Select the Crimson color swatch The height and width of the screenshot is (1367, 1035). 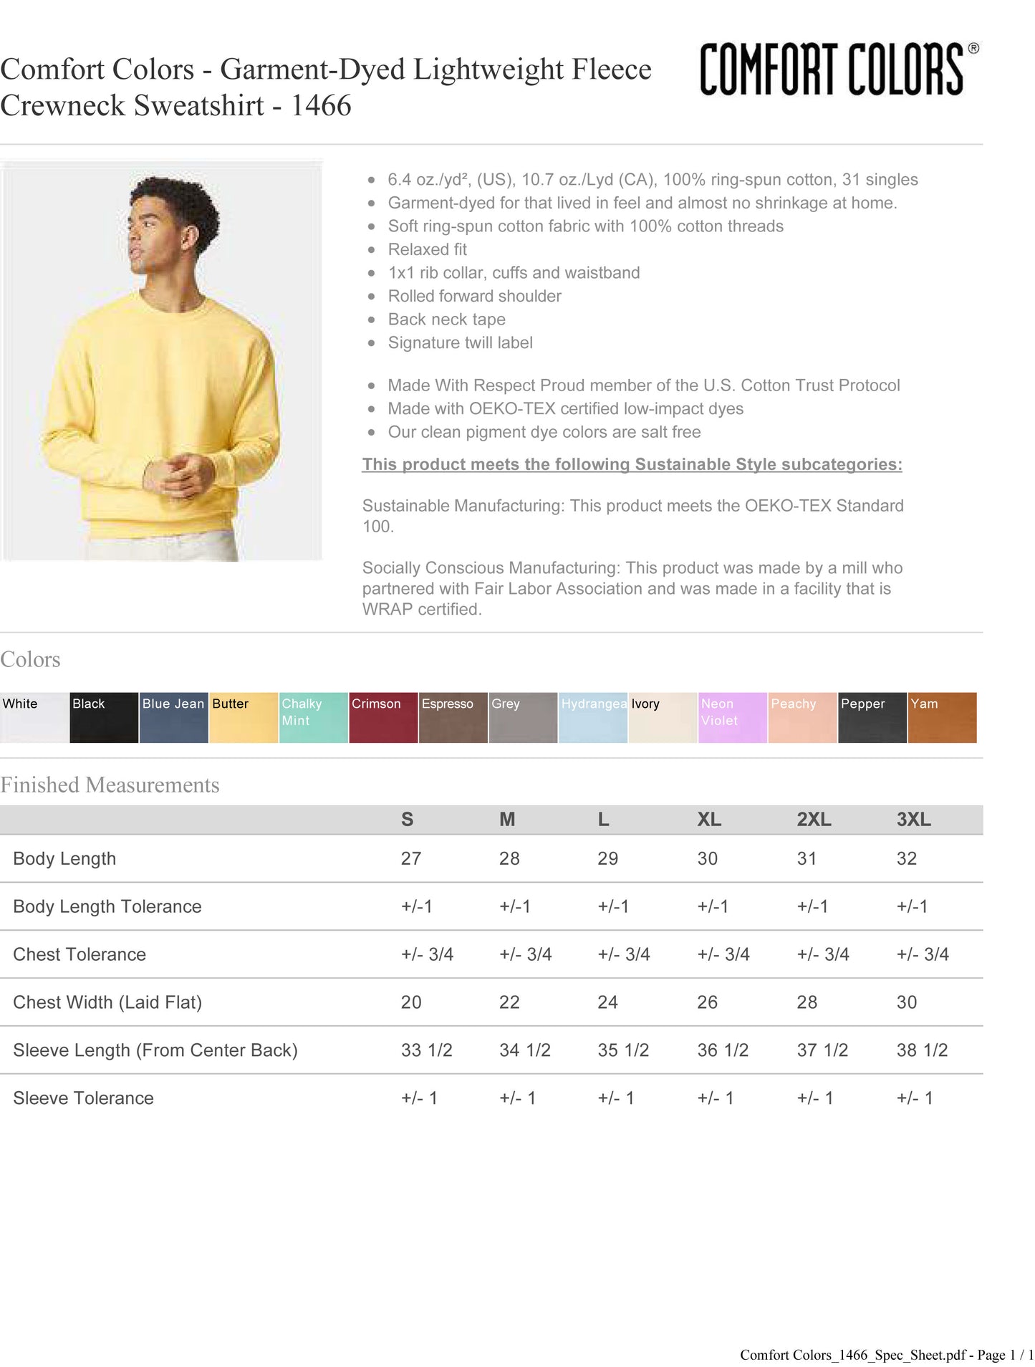[383, 717]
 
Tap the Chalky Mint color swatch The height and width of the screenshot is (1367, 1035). [314, 717]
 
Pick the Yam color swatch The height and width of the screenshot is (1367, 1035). [942, 717]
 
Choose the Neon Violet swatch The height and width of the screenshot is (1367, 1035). [733, 717]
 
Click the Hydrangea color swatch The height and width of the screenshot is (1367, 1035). [593, 717]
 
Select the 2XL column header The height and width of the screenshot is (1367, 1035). [814, 820]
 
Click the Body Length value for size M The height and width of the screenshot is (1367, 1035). [509, 858]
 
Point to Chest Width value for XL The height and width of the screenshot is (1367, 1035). [707, 1002]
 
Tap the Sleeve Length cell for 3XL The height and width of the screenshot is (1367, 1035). [922, 1050]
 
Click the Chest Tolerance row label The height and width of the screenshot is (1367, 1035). [80, 954]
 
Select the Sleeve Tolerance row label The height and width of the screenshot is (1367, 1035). [83, 1098]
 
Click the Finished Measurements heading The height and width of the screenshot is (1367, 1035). [110, 785]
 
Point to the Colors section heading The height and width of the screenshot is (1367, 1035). [30, 660]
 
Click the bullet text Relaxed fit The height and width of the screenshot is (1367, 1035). [427, 249]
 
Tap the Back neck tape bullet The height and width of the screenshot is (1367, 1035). [446, 320]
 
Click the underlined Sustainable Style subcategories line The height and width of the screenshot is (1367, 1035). [632, 464]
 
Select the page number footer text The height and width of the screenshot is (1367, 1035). [886, 1355]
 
